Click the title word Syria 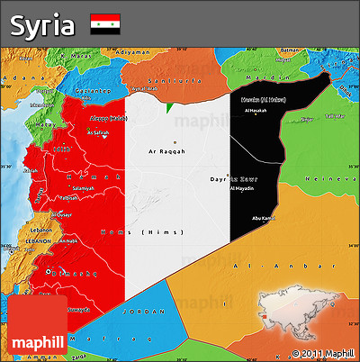coord(42,25)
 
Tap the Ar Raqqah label coord(166,151)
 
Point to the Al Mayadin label coord(243,189)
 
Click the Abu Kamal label coord(264,217)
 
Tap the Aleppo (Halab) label coord(108,118)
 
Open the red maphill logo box coord(37,326)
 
